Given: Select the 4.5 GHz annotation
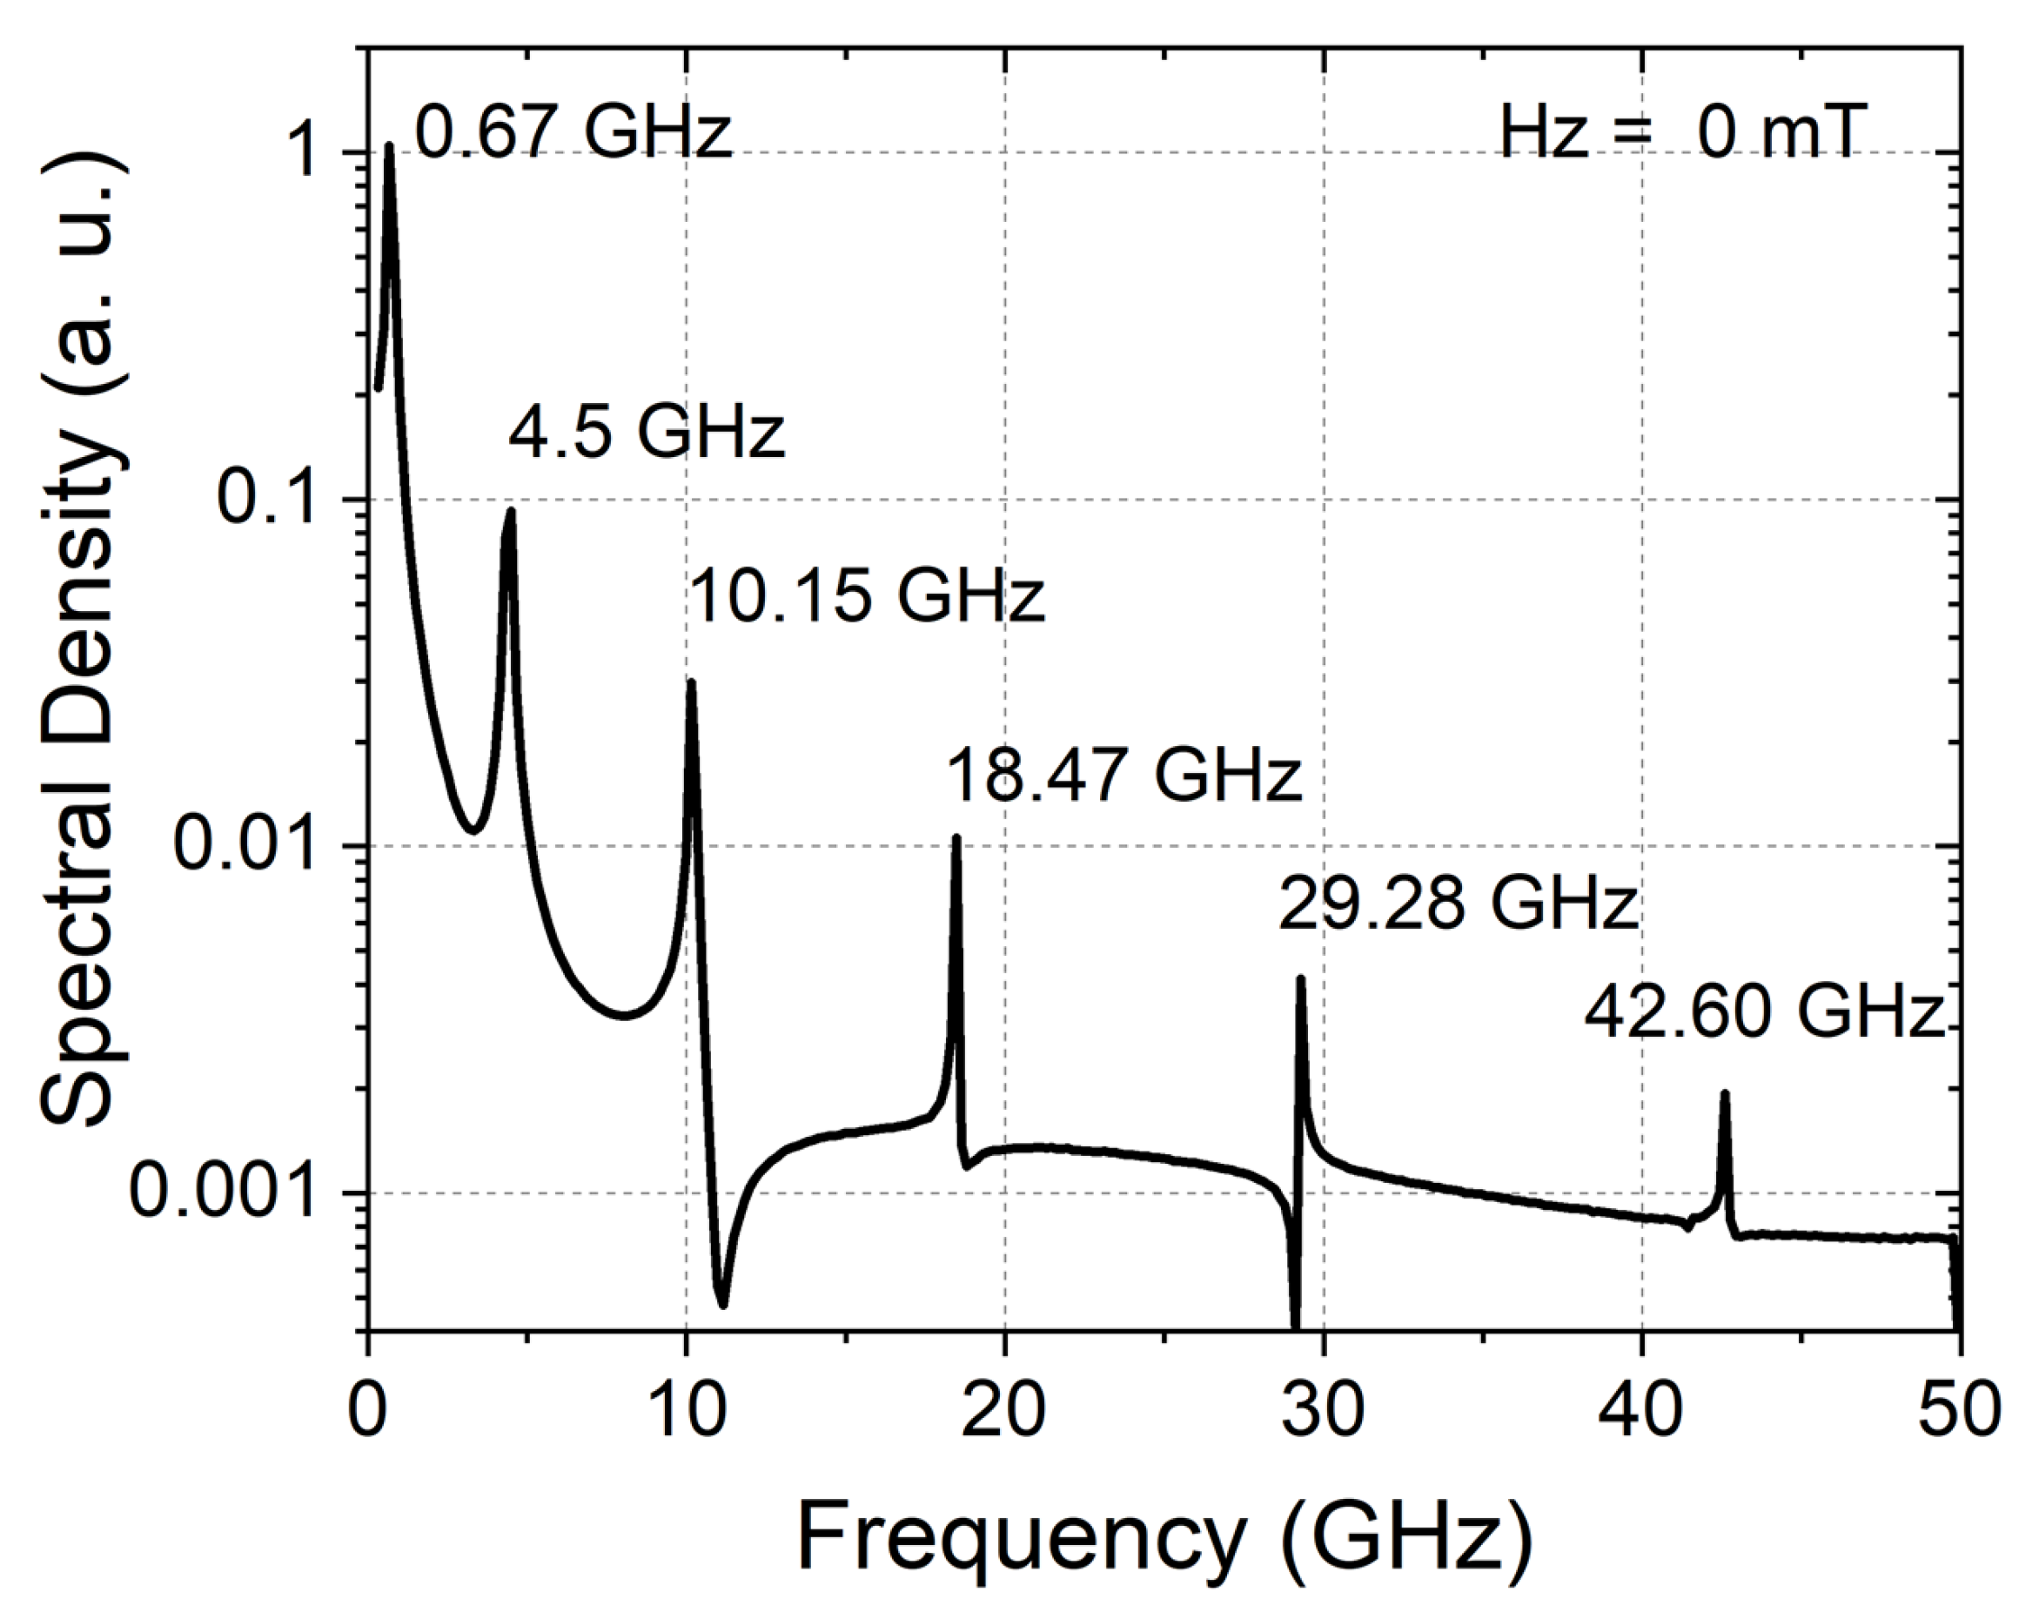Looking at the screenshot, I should [647, 432].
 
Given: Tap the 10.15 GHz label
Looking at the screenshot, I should [867, 595].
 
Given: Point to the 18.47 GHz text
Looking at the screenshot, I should [1123, 776].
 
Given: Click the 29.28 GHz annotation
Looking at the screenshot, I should [1458, 904].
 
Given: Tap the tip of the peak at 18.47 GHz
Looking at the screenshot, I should [956, 838].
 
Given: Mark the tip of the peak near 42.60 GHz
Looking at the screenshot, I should [1724, 1093].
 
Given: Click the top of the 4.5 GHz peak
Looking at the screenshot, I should [511, 511].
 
